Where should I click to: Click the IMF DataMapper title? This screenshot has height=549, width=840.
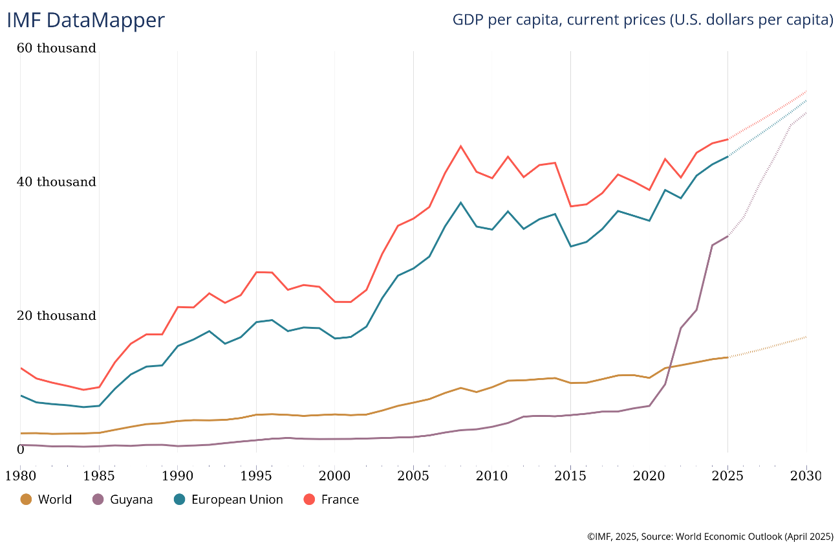tap(85, 20)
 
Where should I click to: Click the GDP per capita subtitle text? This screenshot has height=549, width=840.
tap(642, 20)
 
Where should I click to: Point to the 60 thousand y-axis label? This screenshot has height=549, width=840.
tap(57, 48)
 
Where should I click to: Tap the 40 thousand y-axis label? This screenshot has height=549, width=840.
tap(57, 182)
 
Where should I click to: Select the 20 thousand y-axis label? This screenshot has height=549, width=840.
tap(57, 316)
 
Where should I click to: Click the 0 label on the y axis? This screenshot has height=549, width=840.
tap(20, 449)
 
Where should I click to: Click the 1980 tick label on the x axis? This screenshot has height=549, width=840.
tap(20, 476)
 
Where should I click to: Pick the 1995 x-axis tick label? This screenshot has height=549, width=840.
tap(256, 476)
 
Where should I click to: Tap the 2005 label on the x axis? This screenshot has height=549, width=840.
tap(413, 476)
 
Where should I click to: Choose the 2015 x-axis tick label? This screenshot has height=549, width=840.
tap(570, 476)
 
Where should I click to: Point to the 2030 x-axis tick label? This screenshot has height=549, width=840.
tap(806, 476)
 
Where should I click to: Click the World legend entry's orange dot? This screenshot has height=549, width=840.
tap(26, 500)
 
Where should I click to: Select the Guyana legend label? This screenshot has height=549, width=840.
tap(131, 500)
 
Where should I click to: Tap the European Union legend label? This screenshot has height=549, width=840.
tap(237, 500)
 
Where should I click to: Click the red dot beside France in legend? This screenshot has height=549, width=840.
tap(309, 500)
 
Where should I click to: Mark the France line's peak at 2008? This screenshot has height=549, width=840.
tap(460, 146)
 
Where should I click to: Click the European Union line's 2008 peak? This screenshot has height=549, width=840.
tap(460, 203)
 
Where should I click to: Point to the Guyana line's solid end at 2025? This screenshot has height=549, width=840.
tap(728, 236)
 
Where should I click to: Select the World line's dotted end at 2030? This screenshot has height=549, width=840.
tap(806, 337)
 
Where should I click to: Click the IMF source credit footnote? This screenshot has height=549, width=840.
tap(709, 537)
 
